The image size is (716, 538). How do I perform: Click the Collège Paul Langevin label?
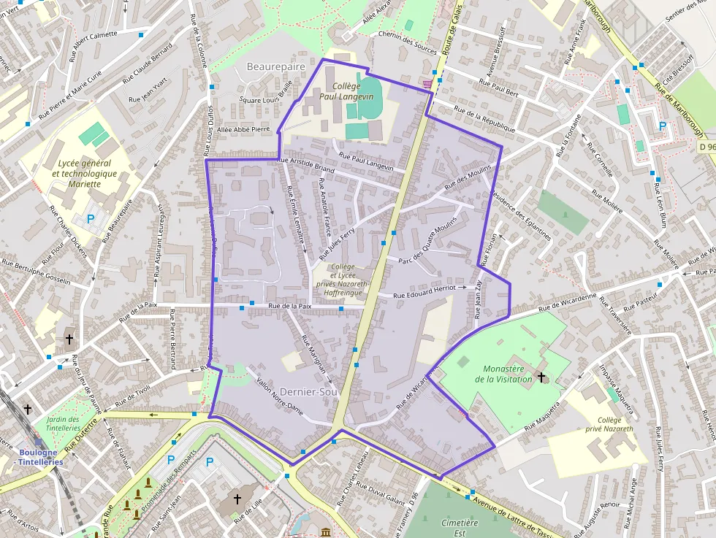tap(342, 91)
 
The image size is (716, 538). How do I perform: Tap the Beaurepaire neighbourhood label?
tap(275, 66)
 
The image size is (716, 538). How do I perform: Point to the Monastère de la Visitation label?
tap(508, 374)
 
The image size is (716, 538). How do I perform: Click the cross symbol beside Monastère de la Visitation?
tap(541, 377)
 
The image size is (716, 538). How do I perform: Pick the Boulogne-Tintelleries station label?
tap(40, 457)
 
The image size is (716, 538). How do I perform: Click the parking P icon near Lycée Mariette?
tap(91, 218)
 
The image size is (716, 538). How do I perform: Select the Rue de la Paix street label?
tap(290, 307)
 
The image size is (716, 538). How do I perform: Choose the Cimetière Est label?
tap(460, 528)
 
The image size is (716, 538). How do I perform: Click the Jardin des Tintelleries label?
tap(63, 424)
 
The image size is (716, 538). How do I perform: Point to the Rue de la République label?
tap(485, 119)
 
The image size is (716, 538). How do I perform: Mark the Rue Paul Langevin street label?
tap(367, 163)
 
